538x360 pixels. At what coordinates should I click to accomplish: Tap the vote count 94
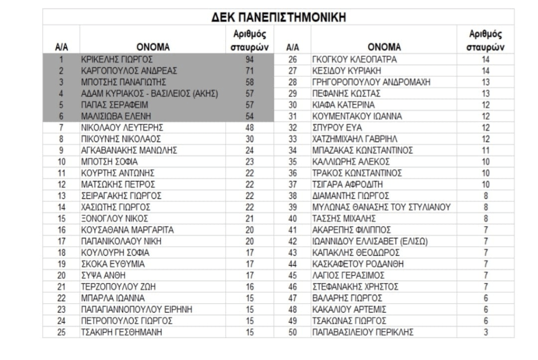[249, 59]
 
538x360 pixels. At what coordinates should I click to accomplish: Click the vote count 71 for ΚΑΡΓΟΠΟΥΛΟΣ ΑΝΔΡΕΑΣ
[249, 71]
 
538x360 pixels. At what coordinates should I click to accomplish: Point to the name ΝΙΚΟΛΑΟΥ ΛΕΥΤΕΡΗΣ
[115, 127]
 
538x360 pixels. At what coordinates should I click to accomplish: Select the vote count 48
[249, 127]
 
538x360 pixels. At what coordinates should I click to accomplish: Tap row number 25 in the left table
[61, 332]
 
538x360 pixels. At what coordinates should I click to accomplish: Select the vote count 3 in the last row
[486, 332]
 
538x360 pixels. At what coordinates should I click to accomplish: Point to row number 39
[293, 207]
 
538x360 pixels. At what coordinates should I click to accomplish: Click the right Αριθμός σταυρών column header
[486, 41]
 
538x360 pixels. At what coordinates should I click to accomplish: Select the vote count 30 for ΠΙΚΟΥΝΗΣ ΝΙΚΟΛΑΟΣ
[249, 139]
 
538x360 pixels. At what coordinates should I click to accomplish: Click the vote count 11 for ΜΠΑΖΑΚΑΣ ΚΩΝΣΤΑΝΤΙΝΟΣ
[486, 150]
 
